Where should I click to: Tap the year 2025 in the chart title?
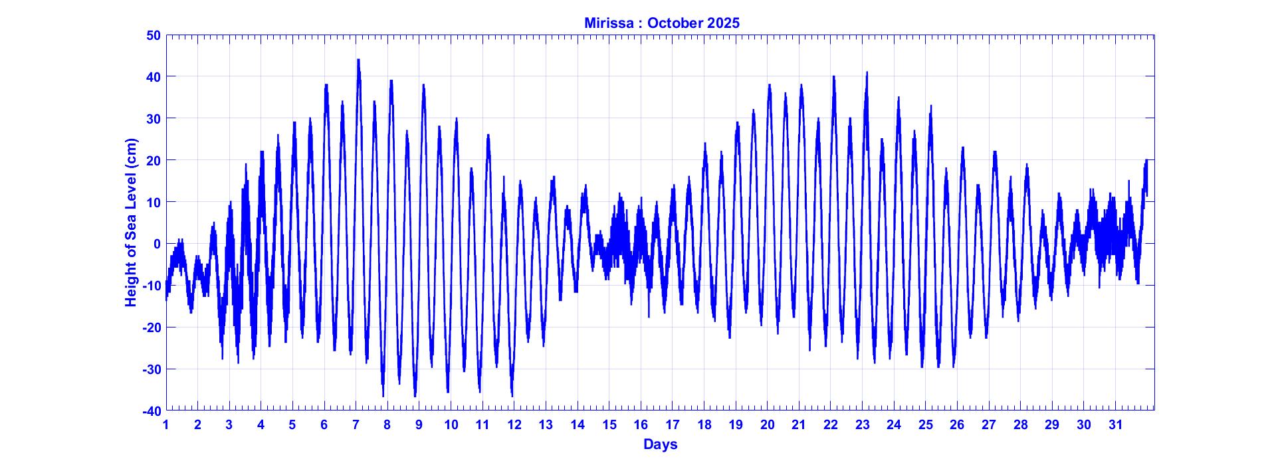[x=723, y=23]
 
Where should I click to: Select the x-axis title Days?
[x=660, y=444]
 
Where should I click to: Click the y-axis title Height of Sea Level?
[x=131, y=223]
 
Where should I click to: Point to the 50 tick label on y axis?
[x=153, y=35]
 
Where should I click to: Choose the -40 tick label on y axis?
[x=151, y=411]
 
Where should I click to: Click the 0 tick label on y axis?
[x=157, y=244]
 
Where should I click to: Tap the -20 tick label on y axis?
[x=151, y=327]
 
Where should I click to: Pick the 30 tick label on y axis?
[x=153, y=119]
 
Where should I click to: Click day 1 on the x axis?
[x=166, y=425]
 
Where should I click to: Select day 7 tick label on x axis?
[x=356, y=425]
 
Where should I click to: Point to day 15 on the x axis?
[x=609, y=425]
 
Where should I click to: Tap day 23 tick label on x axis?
[x=863, y=425]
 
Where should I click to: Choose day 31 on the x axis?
[x=1116, y=425]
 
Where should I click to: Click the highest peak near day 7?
[x=358, y=60]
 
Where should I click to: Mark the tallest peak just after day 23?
[x=867, y=72]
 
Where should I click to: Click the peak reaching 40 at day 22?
[x=833, y=77]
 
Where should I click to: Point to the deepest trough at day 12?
[x=512, y=395]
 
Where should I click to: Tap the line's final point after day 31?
[x=1146, y=194]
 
